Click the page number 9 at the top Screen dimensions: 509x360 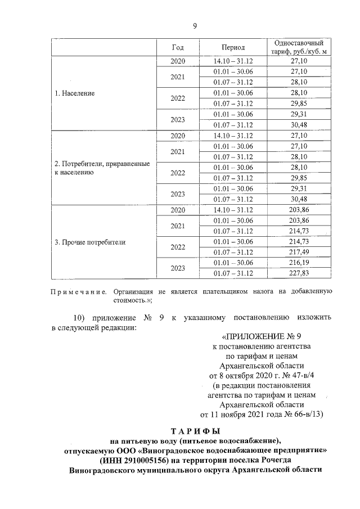pyautogui.click(x=195, y=26)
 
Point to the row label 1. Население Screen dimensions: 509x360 pyautogui.click(x=74, y=93)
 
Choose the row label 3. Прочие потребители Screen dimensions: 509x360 pyautogui.click(x=89, y=242)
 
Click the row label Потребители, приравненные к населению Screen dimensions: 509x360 pyautogui.click(x=101, y=168)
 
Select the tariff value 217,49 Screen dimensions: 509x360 pyautogui.click(x=298, y=252)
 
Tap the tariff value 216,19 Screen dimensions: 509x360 pyautogui.click(x=298, y=263)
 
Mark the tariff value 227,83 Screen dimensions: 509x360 pyautogui.click(x=298, y=273)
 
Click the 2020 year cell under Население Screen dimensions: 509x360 pyautogui.click(x=178, y=61)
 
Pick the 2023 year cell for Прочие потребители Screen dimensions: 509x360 pyautogui.click(x=178, y=268)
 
